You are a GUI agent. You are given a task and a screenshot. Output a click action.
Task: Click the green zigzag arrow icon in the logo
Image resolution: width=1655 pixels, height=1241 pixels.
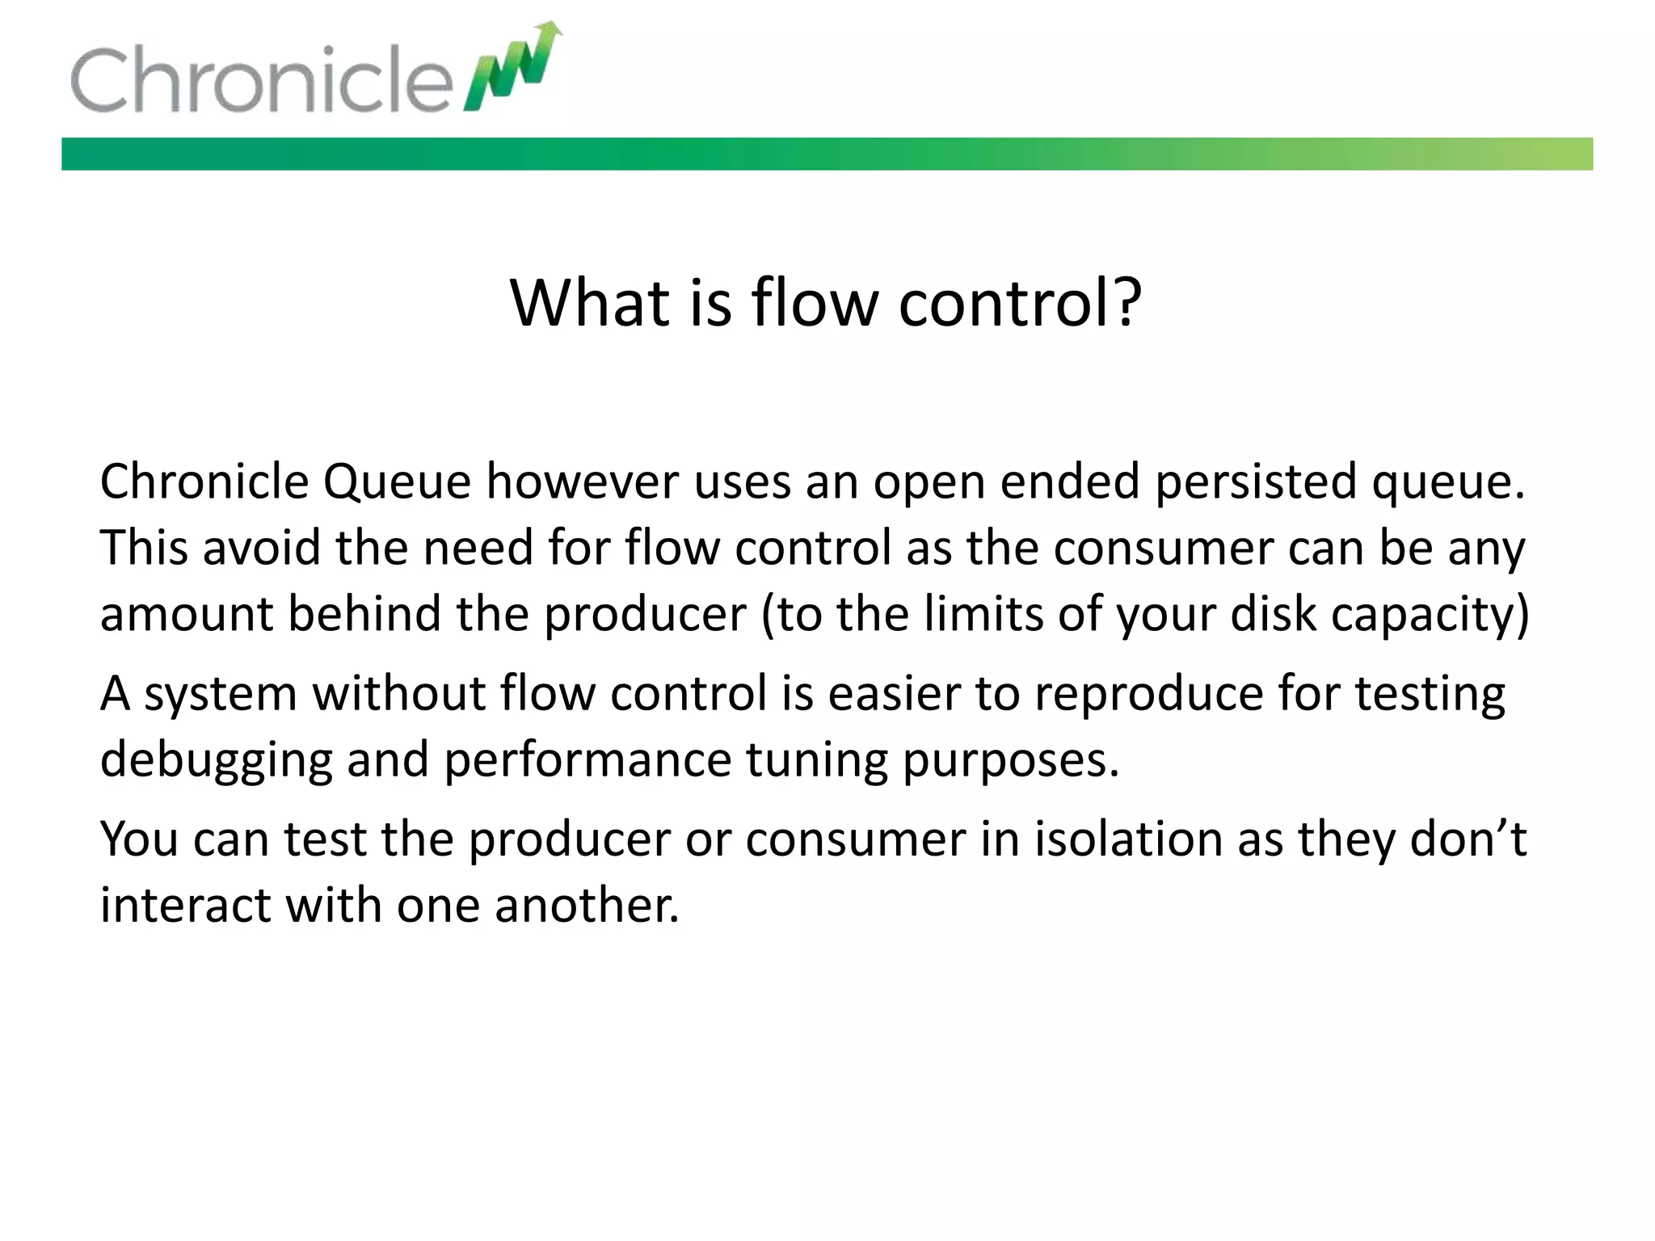pyautogui.click(x=514, y=69)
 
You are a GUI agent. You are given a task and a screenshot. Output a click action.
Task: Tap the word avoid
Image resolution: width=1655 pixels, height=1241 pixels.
pyautogui.click(x=261, y=548)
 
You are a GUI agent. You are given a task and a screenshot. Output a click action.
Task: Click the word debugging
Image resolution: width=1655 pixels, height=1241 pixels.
pyautogui.click(x=216, y=761)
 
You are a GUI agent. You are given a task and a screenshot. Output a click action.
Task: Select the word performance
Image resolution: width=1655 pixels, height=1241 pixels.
pyautogui.click(x=587, y=761)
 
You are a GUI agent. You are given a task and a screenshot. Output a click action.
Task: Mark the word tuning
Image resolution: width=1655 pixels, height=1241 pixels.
pyautogui.click(x=815, y=761)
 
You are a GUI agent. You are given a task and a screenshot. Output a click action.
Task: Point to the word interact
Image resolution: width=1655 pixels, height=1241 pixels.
pyautogui.click(x=185, y=905)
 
